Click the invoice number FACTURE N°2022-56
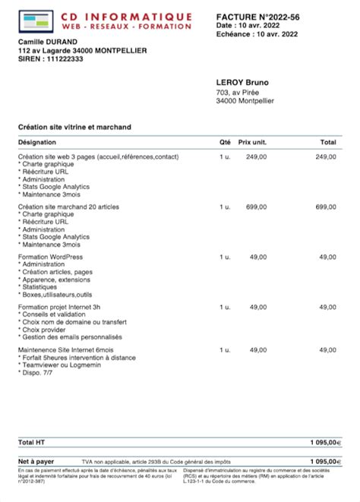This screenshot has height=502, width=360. (256, 15)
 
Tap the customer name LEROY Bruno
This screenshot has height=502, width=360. (243, 82)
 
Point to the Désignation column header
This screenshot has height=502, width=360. (36, 142)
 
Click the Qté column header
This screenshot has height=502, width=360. (225, 142)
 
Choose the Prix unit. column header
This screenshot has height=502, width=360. (252, 142)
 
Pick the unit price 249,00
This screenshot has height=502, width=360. (257, 156)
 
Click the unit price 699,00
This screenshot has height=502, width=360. (257, 207)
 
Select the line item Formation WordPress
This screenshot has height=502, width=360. (50, 257)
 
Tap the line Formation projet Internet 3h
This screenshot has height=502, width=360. (58, 307)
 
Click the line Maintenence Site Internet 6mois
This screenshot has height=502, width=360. (66, 349)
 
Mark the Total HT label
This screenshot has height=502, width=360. (31, 441)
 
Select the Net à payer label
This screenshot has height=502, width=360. (36, 461)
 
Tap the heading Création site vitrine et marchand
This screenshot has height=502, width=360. (74, 126)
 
